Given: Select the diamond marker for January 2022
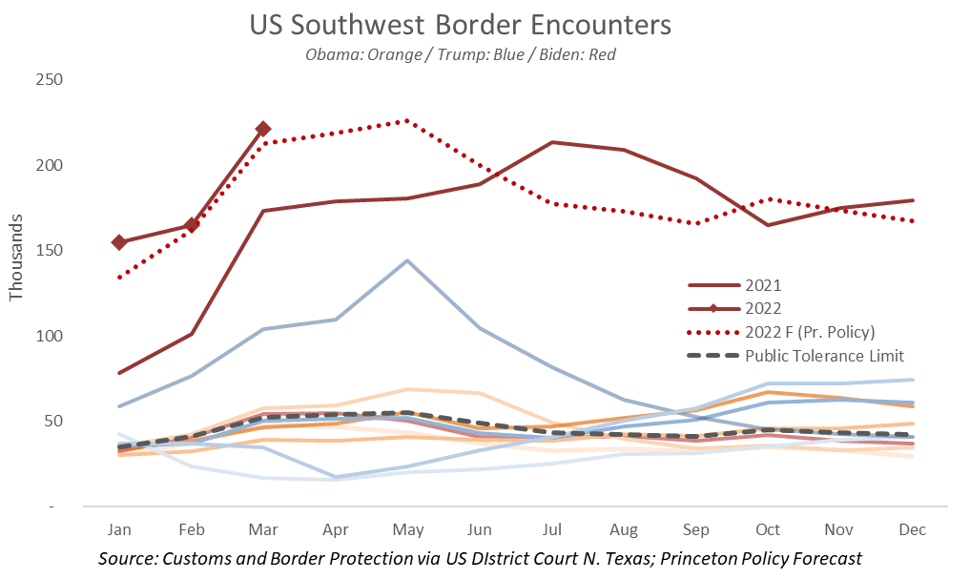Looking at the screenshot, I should pos(119,242).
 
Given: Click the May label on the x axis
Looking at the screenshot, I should pos(408,529).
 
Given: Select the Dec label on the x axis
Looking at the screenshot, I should pos(913,529).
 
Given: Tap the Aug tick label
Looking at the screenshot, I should pos(624,529).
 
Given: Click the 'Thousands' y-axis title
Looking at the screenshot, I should pos(16,264).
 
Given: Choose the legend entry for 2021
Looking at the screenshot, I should pos(763,284).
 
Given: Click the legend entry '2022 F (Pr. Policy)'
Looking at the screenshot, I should pos(809,331).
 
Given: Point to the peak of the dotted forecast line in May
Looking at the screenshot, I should pos(407,120).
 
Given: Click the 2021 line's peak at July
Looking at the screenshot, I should pos(552,142).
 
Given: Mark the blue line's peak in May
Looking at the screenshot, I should pos(408,260).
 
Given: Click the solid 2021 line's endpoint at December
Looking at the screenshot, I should pos(913,200).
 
